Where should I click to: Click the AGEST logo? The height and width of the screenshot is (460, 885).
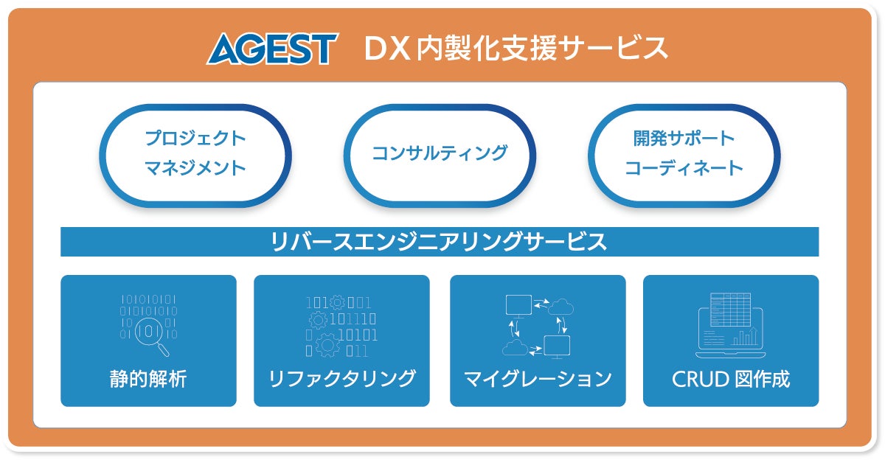tap(271, 49)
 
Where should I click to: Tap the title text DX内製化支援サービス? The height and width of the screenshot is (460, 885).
tap(516, 49)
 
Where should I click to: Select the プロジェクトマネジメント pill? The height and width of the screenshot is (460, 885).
tap(195, 153)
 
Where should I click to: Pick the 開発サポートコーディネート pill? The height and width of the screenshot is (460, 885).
tap(684, 153)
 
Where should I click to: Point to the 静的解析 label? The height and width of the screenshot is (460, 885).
tap(148, 379)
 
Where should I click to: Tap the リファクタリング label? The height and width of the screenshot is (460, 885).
tap(341, 379)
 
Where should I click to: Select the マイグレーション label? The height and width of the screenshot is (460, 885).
tap(538, 379)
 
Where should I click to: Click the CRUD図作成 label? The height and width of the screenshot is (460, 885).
tap(731, 379)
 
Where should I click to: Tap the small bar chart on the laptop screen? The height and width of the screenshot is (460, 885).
tap(746, 338)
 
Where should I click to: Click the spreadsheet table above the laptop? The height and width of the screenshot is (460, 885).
tap(729, 310)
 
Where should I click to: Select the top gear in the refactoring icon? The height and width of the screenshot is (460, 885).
tap(338, 302)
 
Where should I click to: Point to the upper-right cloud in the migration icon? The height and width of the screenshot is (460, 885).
tap(562, 306)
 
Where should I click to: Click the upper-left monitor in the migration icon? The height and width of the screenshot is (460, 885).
tap(518, 304)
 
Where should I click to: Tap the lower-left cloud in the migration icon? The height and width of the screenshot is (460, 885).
tap(513, 346)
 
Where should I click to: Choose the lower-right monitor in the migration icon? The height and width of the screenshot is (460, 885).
tap(556, 345)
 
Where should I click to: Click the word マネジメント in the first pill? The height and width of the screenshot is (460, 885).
tap(195, 168)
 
